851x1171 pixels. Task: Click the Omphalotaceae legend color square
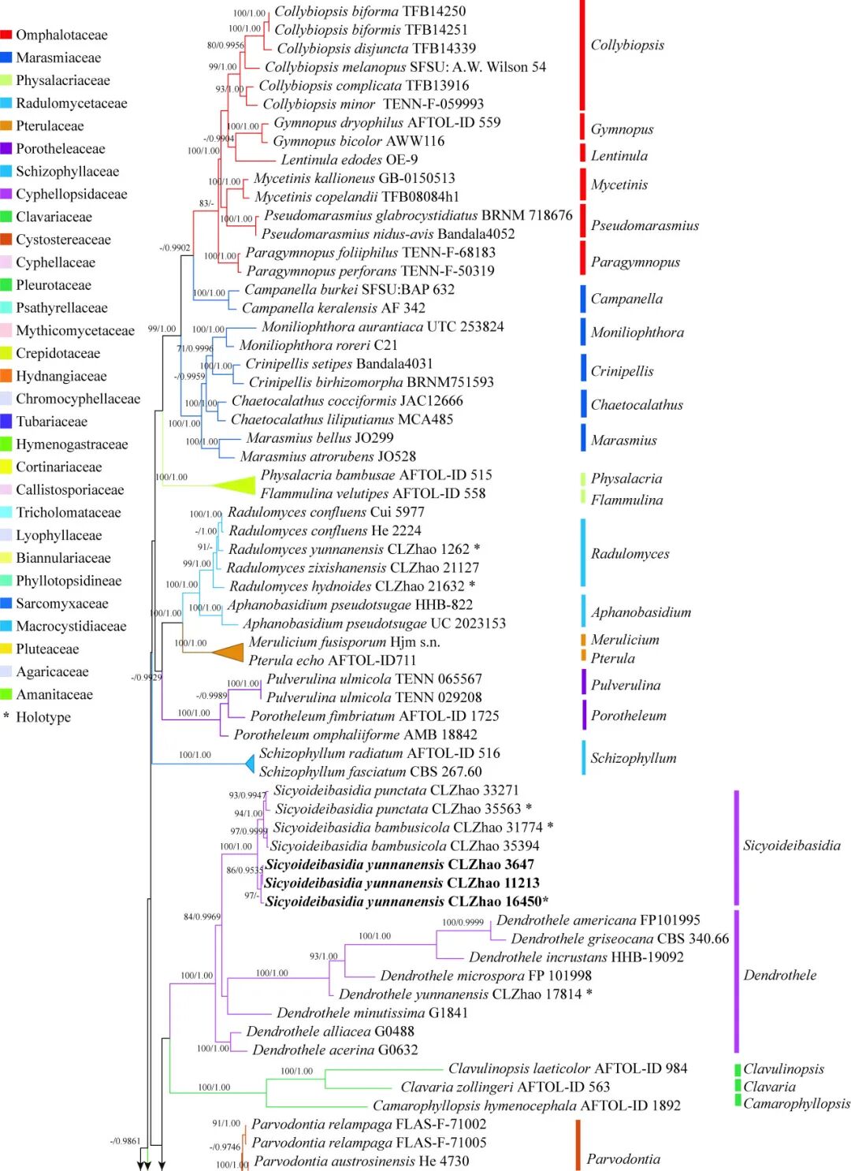click(x=6, y=35)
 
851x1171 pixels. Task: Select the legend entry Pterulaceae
click(x=49, y=126)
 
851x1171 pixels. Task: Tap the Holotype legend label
click(x=43, y=717)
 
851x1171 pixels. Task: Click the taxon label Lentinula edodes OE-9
click(x=349, y=159)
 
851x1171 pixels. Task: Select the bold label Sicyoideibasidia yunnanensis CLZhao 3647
click(x=399, y=864)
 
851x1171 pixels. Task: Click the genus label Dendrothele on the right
click(x=779, y=976)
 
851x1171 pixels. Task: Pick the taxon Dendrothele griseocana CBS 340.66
click(x=619, y=939)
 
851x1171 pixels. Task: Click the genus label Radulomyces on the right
click(x=630, y=554)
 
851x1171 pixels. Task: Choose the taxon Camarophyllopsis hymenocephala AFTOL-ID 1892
click(x=526, y=1106)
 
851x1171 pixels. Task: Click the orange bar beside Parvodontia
click(x=578, y=1144)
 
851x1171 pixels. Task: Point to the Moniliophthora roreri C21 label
click(x=318, y=345)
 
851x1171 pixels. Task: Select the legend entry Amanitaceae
click(x=54, y=694)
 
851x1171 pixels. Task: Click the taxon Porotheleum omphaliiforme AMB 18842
click(x=355, y=734)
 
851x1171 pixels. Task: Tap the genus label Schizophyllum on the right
click(x=633, y=758)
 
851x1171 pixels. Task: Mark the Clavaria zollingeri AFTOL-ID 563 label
click(x=505, y=1087)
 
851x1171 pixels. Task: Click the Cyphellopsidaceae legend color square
click(x=6, y=194)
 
